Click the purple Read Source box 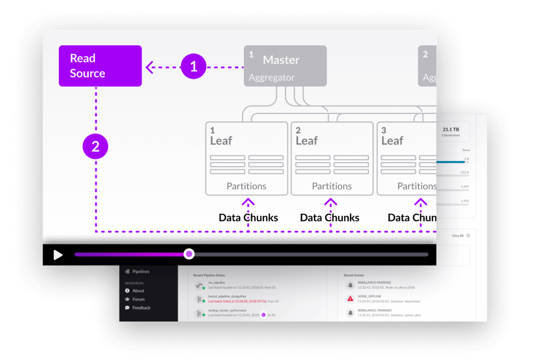tap(100, 66)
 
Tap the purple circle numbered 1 tap(194, 66)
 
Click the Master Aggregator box tap(285, 66)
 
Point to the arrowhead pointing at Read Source tap(149, 66)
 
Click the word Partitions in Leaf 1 tap(246, 186)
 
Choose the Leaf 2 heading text tap(306, 140)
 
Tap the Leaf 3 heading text tap(392, 140)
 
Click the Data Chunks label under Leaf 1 tap(248, 218)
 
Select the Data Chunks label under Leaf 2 tap(330, 218)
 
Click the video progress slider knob tap(189, 254)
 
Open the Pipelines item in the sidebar tap(141, 271)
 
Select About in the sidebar tap(138, 291)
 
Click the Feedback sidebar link tap(141, 308)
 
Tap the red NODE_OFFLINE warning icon tap(350, 299)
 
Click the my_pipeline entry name tap(217, 283)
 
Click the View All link tap(458, 236)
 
